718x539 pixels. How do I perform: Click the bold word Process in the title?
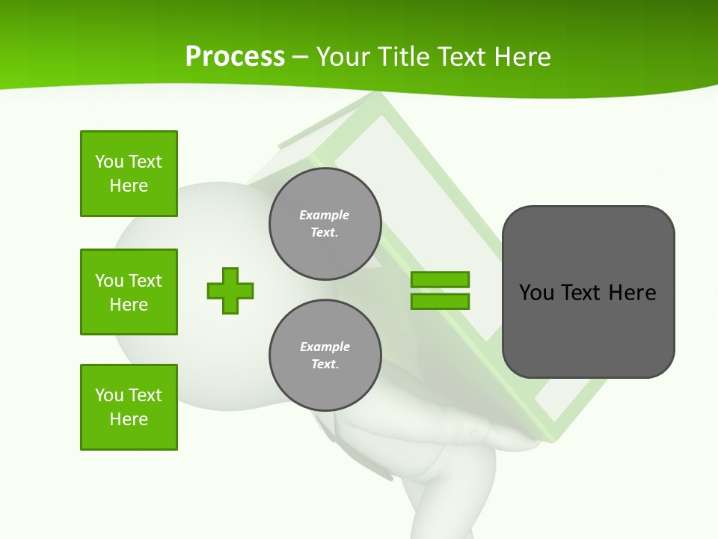pyautogui.click(x=235, y=56)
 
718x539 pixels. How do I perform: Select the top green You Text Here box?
pyautogui.click(x=129, y=174)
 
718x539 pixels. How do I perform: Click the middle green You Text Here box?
pyautogui.click(x=129, y=292)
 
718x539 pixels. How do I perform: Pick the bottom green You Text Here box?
pyautogui.click(x=129, y=407)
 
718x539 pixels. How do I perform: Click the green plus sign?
pyautogui.click(x=230, y=290)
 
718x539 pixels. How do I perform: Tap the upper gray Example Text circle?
pyautogui.click(x=325, y=224)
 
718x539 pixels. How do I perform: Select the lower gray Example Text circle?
pyautogui.click(x=325, y=356)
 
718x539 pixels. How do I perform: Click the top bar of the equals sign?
pyautogui.click(x=440, y=279)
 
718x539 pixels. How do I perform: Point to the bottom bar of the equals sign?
pyautogui.click(x=440, y=301)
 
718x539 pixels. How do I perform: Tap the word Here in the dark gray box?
pyautogui.click(x=632, y=293)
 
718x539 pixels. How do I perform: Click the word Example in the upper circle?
pyautogui.click(x=325, y=215)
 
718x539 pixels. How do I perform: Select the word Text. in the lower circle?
pyautogui.click(x=325, y=365)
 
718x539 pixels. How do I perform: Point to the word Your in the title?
pyautogui.click(x=341, y=57)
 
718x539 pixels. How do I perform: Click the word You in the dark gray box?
pyautogui.click(x=536, y=293)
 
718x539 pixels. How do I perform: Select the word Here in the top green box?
pyautogui.click(x=129, y=186)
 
